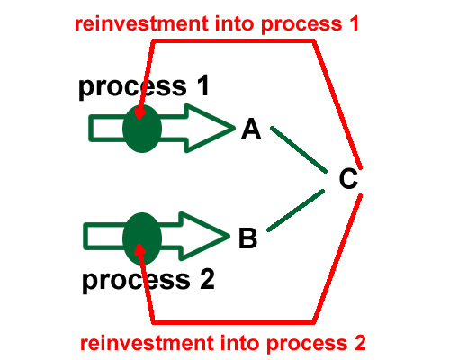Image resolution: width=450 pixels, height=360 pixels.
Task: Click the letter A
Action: click(251, 129)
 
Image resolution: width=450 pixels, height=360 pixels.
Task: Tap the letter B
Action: click(248, 238)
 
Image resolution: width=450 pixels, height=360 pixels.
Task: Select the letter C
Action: click(348, 179)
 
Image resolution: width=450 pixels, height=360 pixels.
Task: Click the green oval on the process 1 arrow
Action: click(142, 129)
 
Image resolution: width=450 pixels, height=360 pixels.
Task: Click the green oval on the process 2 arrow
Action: click(142, 238)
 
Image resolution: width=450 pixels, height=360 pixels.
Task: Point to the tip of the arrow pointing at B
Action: click(229, 236)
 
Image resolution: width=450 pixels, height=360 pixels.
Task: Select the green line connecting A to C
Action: click(299, 149)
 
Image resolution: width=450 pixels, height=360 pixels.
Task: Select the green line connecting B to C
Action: click(296, 211)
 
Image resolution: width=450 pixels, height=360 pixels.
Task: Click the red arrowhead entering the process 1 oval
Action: click(139, 114)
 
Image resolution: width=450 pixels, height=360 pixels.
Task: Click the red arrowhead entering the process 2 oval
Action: click(139, 249)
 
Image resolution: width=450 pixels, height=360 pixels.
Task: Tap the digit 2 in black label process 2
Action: click(207, 279)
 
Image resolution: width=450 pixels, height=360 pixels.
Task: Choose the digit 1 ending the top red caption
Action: click(355, 23)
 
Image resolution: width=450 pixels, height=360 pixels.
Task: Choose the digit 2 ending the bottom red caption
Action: click(360, 343)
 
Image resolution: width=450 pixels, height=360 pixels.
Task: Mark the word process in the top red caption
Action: click(301, 25)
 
